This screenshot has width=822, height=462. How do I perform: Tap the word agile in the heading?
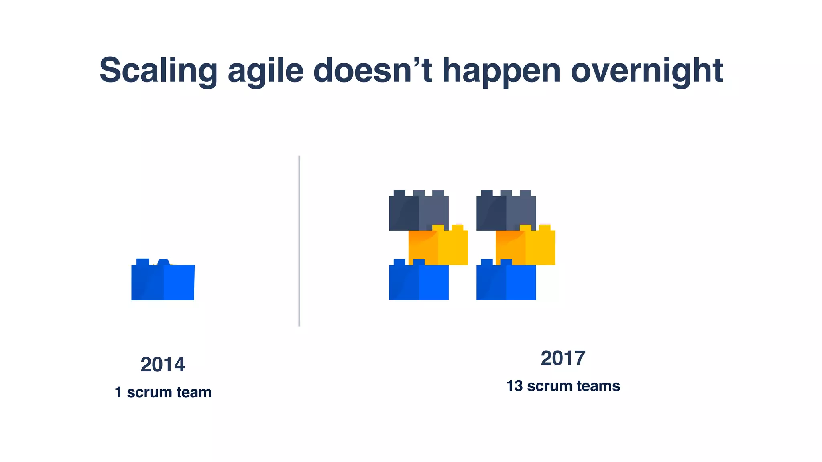265,71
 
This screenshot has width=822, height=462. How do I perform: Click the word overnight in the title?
646,71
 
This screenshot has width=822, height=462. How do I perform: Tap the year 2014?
163,365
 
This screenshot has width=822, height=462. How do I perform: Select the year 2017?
563,358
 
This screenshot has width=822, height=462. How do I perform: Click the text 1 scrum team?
163,392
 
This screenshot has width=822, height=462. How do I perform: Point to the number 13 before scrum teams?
514,386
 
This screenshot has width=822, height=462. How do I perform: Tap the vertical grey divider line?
299,241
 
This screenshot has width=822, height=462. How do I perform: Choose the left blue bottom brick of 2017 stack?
419,282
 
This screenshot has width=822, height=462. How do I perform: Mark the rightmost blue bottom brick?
506,282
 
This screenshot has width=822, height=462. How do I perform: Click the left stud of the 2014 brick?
142,262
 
